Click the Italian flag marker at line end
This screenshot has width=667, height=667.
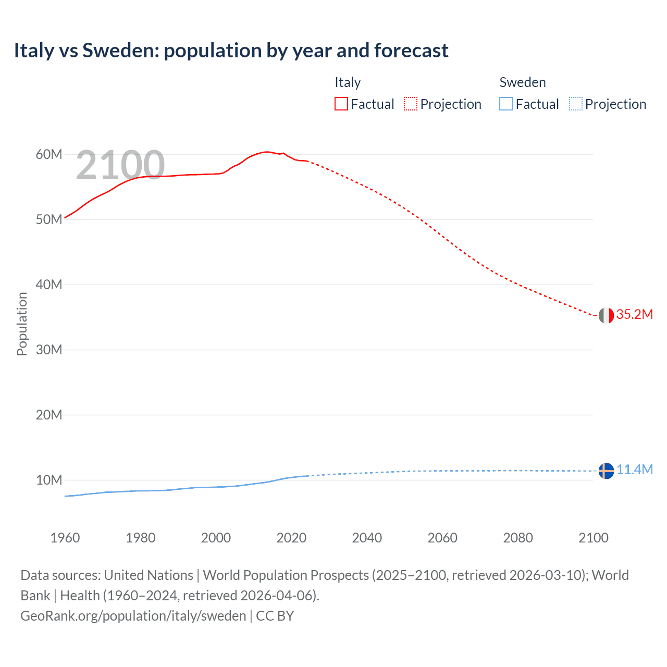[606, 315]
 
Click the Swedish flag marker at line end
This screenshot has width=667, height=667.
[606, 471]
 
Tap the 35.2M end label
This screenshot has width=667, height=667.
[634, 314]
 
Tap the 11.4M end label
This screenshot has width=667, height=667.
[634, 470]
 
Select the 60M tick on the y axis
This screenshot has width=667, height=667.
[49, 154]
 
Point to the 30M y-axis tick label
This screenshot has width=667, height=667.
[49, 350]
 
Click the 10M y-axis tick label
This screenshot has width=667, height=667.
[49, 480]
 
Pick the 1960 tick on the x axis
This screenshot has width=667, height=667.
[65, 538]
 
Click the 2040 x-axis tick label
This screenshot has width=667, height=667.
[367, 538]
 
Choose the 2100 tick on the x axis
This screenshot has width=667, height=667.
[593, 538]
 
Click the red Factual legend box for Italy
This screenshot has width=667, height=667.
[341, 104]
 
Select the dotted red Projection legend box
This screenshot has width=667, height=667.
[411, 104]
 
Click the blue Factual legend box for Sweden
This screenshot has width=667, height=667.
[506, 104]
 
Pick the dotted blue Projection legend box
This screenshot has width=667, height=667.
[575, 104]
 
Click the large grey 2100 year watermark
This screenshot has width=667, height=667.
[120, 165]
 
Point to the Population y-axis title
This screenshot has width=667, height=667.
[22, 324]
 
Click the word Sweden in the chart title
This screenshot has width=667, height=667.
[120, 51]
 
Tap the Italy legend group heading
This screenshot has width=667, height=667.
[348, 82]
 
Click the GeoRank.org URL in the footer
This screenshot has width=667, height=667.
[133, 616]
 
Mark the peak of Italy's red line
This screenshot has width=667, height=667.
[266, 152]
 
